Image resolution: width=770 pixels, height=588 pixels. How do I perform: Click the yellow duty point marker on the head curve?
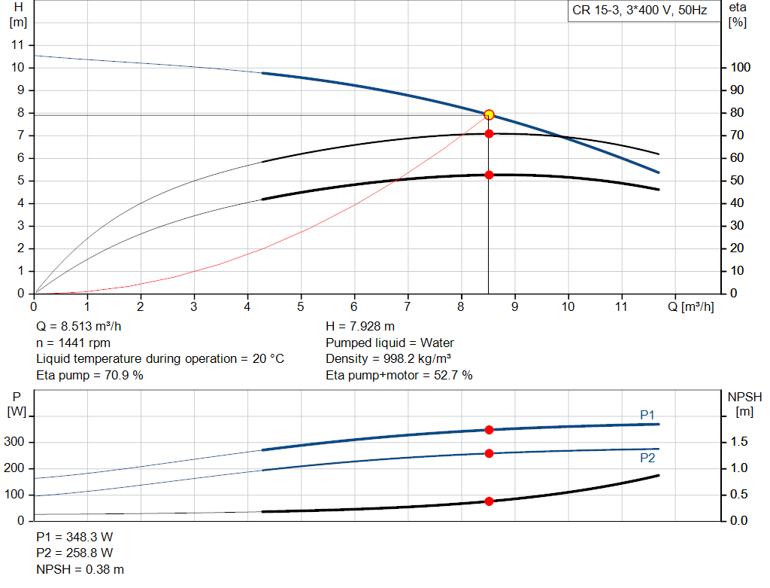pyautogui.click(x=489, y=114)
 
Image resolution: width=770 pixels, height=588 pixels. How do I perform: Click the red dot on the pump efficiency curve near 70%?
pyautogui.click(x=489, y=134)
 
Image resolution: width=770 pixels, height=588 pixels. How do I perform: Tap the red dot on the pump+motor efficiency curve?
pyautogui.click(x=489, y=175)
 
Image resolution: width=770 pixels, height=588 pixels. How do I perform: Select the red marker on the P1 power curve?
pyautogui.click(x=489, y=430)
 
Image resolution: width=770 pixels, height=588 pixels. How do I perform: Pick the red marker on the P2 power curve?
pyautogui.click(x=489, y=453)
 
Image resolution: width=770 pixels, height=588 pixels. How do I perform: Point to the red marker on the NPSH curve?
pyautogui.click(x=489, y=501)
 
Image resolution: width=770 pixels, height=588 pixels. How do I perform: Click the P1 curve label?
pyautogui.click(x=647, y=415)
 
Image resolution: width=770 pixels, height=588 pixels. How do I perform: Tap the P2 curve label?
pyautogui.click(x=647, y=459)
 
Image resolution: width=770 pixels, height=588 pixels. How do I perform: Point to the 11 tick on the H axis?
pyautogui.click(x=18, y=44)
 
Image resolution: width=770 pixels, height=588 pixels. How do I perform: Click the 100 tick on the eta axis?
pyautogui.click(x=740, y=67)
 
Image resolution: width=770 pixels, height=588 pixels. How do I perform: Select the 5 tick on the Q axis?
pyautogui.click(x=301, y=306)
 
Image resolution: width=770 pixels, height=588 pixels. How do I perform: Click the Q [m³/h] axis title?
pyautogui.click(x=690, y=306)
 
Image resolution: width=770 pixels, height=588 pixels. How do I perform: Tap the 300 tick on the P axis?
pyautogui.click(x=14, y=441)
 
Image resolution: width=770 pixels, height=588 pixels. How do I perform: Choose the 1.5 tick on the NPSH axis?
pyautogui.click(x=738, y=441)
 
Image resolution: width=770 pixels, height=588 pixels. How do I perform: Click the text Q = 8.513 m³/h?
pyautogui.click(x=78, y=327)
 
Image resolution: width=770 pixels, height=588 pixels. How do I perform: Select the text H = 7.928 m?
pyautogui.click(x=360, y=327)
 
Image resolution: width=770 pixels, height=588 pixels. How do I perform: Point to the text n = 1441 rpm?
pyautogui.click(x=73, y=343)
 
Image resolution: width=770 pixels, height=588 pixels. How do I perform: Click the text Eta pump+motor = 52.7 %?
pyautogui.click(x=399, y=375)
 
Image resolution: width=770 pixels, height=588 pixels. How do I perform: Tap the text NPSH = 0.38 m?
pyautogui.click(x=80, y=569)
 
